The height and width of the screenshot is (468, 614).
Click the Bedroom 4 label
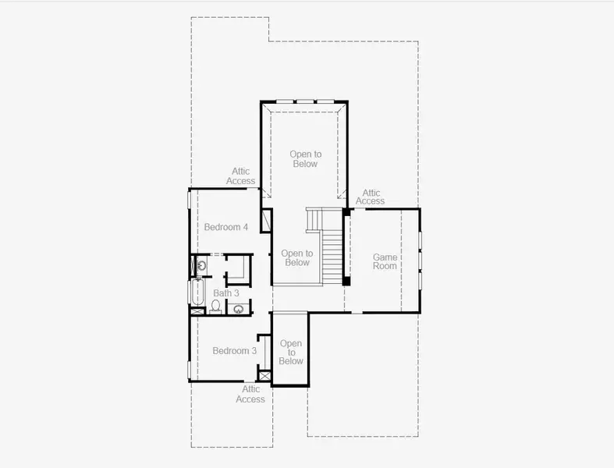click(226, 227)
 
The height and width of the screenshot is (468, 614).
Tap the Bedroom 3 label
click(235, 351)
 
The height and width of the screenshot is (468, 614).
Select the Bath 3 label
click(226, 293)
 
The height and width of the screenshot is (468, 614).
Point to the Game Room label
click(385, 261)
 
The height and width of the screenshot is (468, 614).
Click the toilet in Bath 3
click(215, 305)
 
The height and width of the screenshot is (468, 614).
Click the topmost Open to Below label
click(305, 159)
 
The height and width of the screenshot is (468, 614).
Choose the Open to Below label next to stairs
click(296, 258)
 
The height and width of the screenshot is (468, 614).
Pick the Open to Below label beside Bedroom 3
click(291, 352)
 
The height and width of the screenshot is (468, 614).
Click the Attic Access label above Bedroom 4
click(241, 176)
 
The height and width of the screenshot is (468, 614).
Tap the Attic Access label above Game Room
click(371, 197)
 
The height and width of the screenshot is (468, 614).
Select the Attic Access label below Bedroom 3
click(250, 394)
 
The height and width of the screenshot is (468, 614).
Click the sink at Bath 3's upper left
click(201, 266)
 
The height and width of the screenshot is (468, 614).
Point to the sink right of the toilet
click(238, 309)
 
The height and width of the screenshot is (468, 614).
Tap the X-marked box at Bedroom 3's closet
click(265, 377)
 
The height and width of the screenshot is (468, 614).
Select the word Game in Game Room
click(385, 257)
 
